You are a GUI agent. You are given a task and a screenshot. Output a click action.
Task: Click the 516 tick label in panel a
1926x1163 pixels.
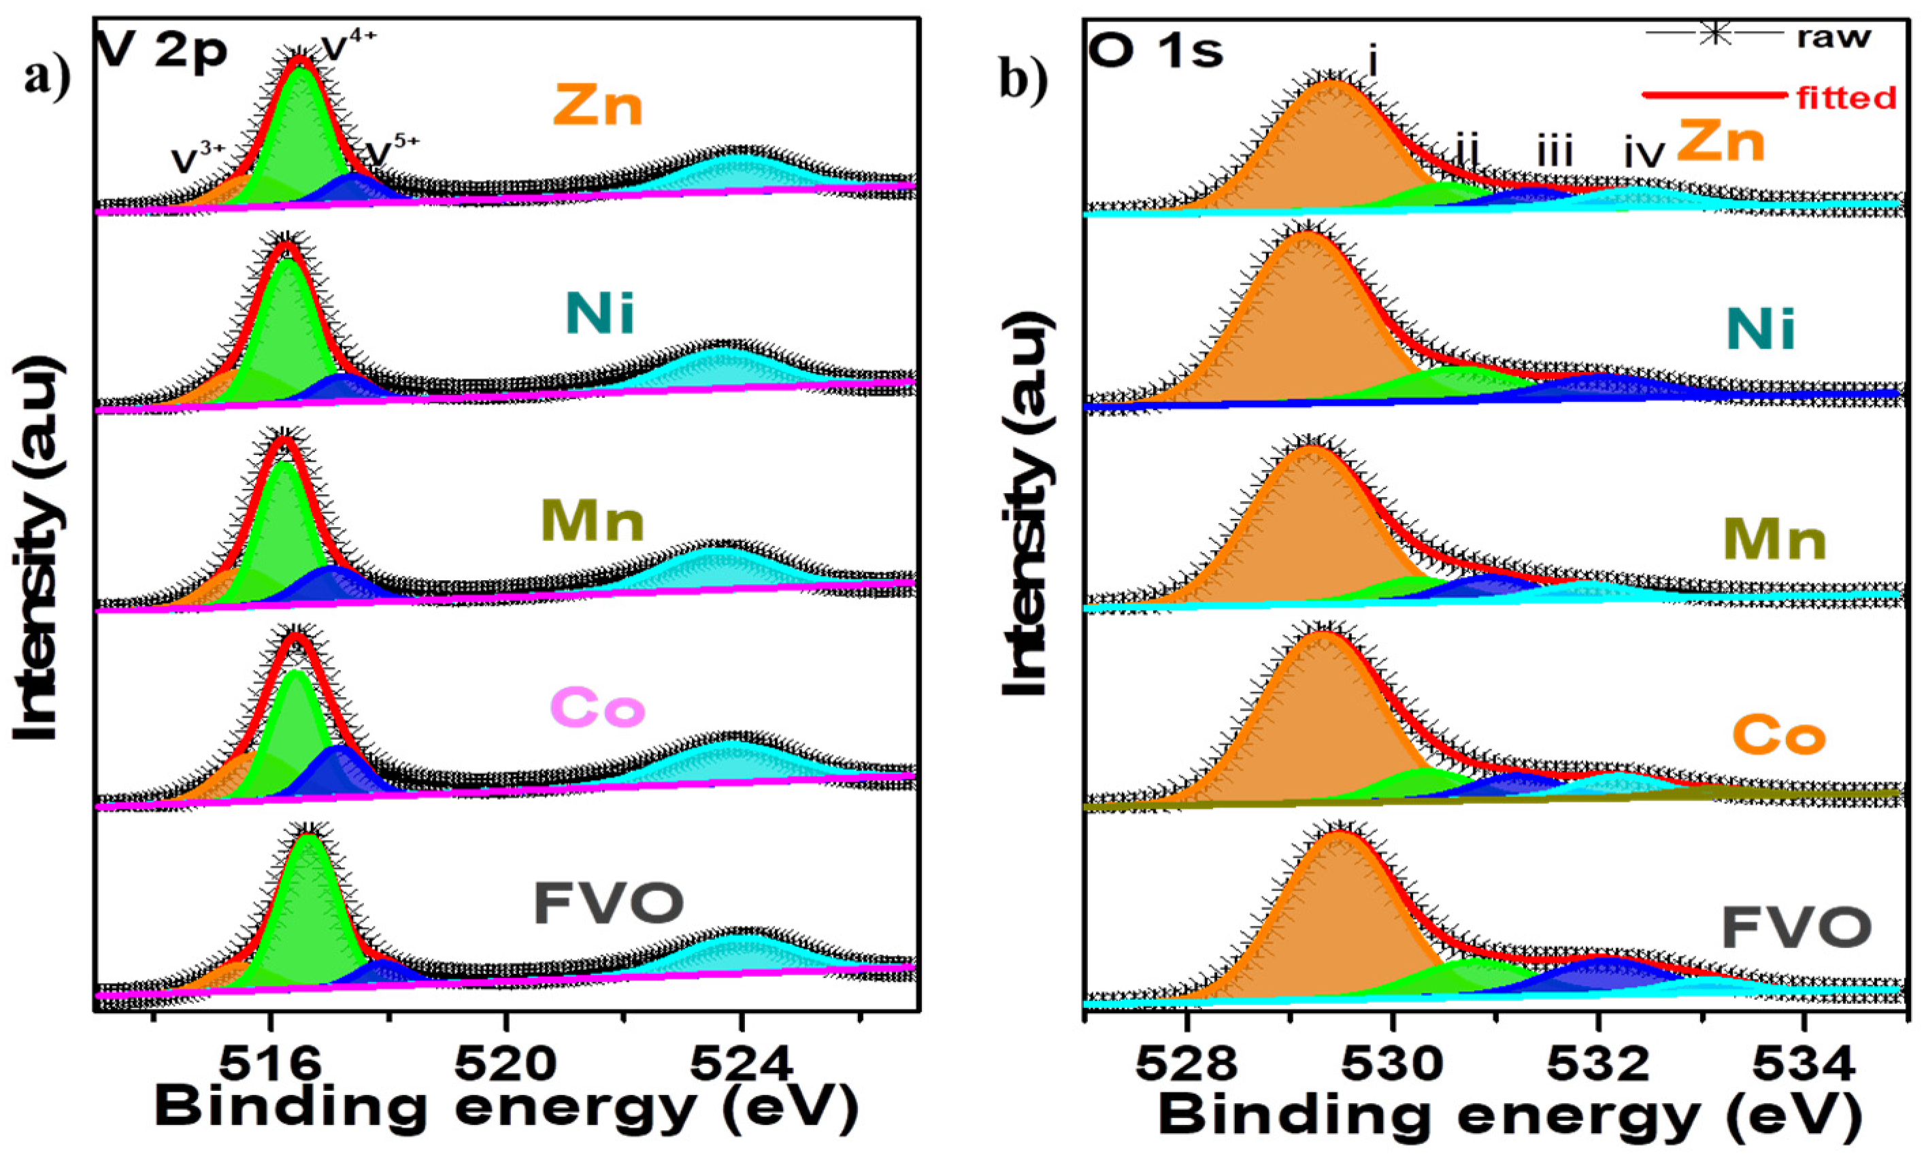271,1064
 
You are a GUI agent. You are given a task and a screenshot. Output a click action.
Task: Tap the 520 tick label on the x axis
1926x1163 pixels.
505,1064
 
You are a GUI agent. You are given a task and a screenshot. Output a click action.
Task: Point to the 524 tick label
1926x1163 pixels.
741,1064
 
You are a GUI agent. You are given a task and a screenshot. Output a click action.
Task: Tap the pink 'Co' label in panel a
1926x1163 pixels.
598,708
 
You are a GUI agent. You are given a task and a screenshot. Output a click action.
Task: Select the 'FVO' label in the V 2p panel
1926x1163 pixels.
608,903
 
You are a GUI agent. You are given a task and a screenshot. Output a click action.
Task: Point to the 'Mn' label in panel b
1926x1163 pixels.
1774,539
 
